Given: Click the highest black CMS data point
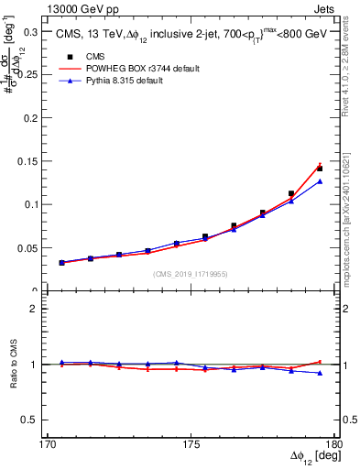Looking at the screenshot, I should click(x=320, y=169).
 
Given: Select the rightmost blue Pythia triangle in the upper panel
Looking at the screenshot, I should click(x=320, y=181).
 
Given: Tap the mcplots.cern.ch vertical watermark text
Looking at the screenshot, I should click(x=352, y=229).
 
